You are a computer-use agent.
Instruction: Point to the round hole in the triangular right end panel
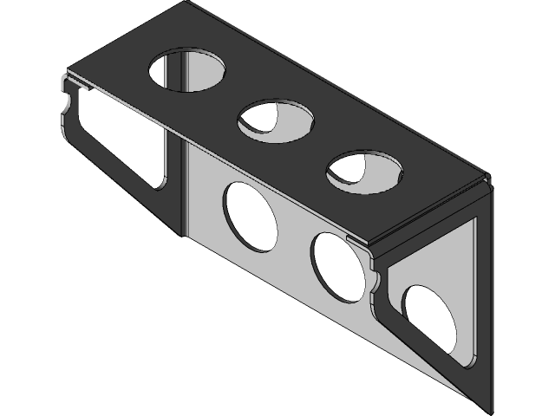(430, 316)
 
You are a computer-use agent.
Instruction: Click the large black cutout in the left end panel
(117, 139)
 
